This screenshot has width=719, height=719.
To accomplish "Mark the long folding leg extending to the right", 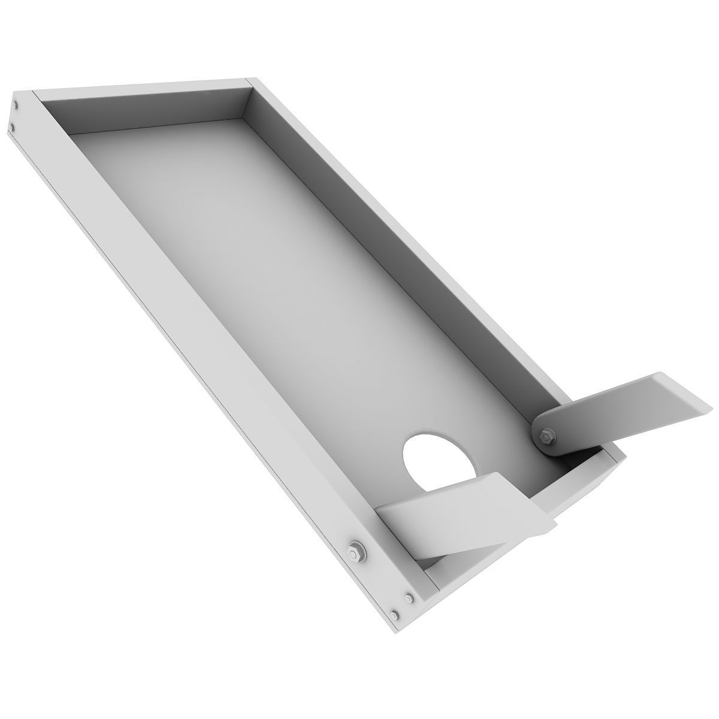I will click(x=617, y=407).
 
